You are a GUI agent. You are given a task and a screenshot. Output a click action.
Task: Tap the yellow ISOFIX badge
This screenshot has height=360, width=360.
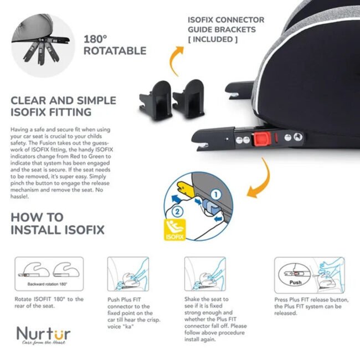click(x=174, y=230)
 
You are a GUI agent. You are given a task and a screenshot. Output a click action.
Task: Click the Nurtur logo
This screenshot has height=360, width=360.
click(x=43, y=336)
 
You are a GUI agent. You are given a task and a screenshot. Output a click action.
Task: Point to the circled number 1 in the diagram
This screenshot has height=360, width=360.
click(x=215, y=195)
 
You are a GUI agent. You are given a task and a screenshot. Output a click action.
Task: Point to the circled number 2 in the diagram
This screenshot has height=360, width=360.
click(x=177, y=212)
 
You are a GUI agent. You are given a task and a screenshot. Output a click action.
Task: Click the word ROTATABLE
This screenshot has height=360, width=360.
click(x=115, y=51)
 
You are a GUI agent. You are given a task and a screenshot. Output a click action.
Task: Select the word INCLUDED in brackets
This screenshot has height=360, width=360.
click(x=213, y=39)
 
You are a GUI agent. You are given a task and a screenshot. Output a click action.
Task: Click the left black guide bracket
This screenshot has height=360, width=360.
click(x=156, y=100)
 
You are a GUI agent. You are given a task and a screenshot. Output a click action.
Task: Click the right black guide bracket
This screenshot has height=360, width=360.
click(x=188, y=99)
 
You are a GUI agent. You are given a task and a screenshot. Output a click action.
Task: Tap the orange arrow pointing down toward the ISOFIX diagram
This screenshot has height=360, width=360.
click(x=262, y=181)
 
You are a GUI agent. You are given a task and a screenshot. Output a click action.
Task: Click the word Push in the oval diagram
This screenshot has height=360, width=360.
click(x=295, y=282)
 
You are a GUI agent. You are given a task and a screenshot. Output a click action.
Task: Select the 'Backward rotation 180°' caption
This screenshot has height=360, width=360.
click(x=47, y=284)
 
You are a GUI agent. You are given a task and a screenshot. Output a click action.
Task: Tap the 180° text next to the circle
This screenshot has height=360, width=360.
click(x=95, y=39)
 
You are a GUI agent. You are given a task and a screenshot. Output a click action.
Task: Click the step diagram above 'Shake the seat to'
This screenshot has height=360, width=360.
click(x=205, y=274)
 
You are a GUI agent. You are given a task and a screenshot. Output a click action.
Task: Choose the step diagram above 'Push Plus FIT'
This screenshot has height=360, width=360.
click(x=128, y=274)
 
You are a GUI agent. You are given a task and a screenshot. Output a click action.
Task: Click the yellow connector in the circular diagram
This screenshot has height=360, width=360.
click(x=186, y=188)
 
